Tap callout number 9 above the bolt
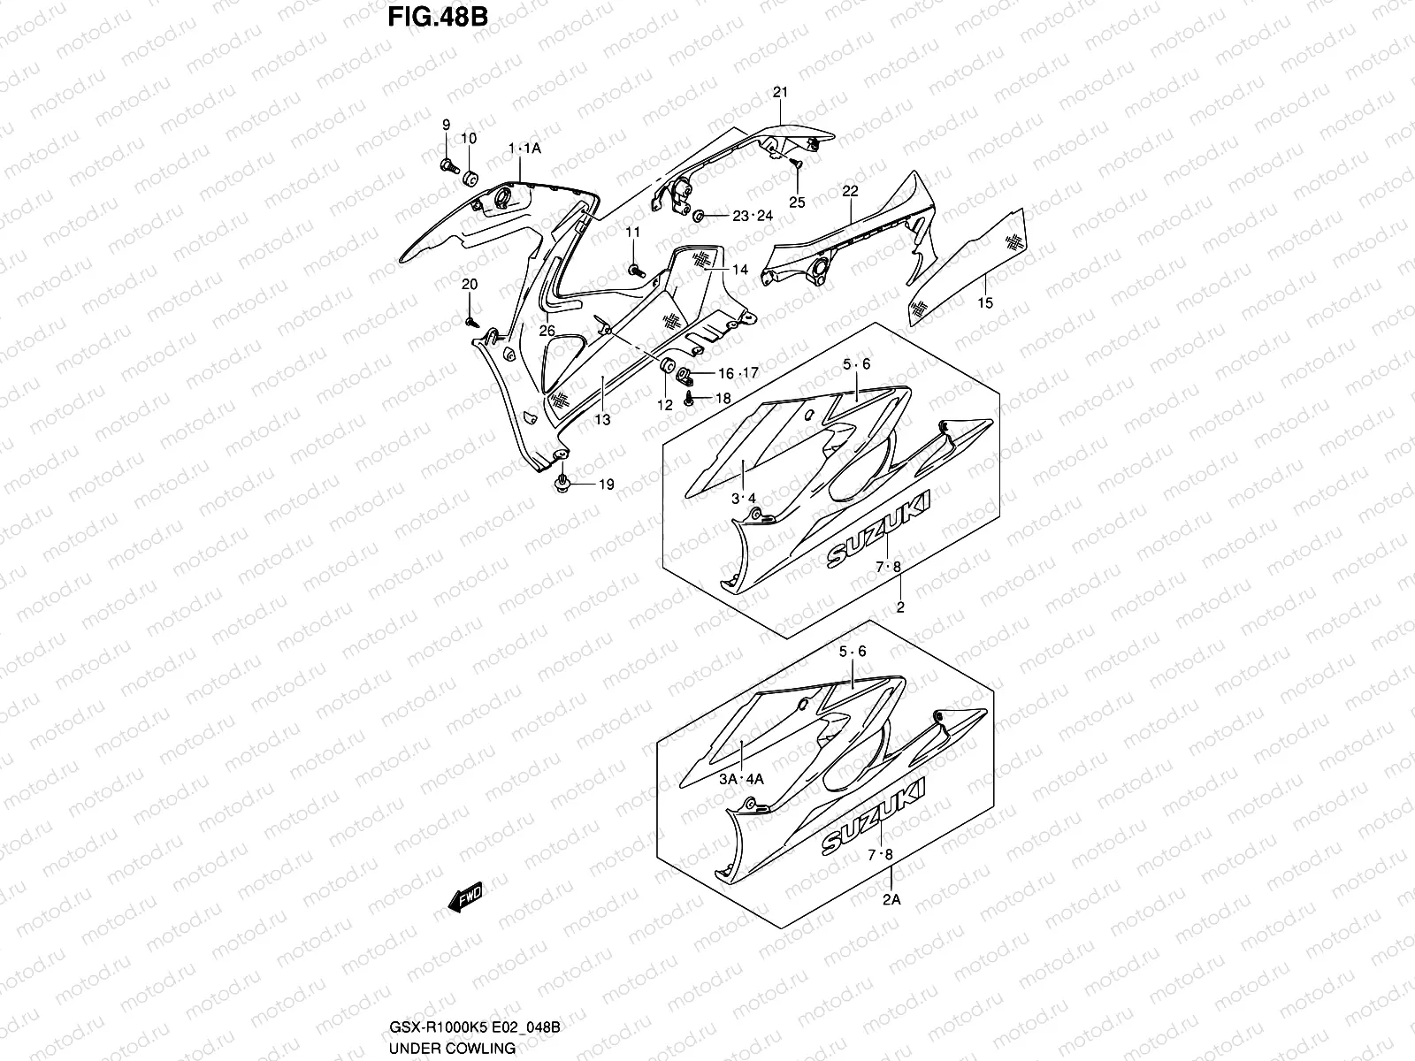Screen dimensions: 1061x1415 446,125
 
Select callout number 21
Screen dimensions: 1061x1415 780,92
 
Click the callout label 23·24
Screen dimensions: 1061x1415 753,216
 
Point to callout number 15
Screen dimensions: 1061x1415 985,303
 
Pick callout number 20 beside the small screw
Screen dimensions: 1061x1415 469,284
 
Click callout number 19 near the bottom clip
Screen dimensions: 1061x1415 606,485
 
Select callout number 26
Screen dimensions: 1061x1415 547,331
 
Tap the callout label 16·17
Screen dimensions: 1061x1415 738,372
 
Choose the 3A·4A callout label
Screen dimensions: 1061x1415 741,779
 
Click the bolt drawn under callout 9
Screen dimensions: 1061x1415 447,164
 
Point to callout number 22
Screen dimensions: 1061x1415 850,191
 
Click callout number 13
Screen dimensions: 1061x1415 602,420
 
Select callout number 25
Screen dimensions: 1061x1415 797,202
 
